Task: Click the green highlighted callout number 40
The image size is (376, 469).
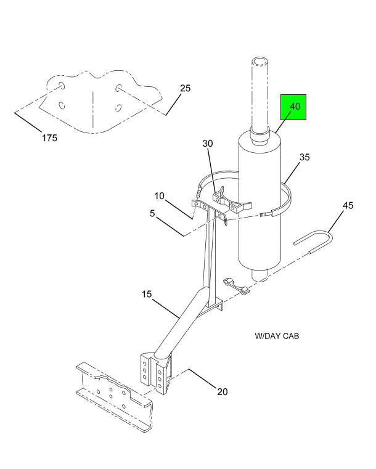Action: [295, 106]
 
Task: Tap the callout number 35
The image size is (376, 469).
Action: [304, 157]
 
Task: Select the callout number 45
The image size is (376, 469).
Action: [348, 205]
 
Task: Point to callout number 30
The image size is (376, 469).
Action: [208, 144]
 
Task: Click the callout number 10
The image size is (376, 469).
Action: [159, 196]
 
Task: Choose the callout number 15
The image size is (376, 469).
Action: [147, 295]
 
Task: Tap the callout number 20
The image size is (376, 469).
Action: [222, 391]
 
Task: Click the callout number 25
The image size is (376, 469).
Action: [185, 88]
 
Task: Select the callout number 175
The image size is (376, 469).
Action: [50, 138]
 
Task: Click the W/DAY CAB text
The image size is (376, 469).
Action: [277, 336]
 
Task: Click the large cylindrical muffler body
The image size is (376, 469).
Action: [258, 203]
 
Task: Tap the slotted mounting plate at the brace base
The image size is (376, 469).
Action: [154, 373]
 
